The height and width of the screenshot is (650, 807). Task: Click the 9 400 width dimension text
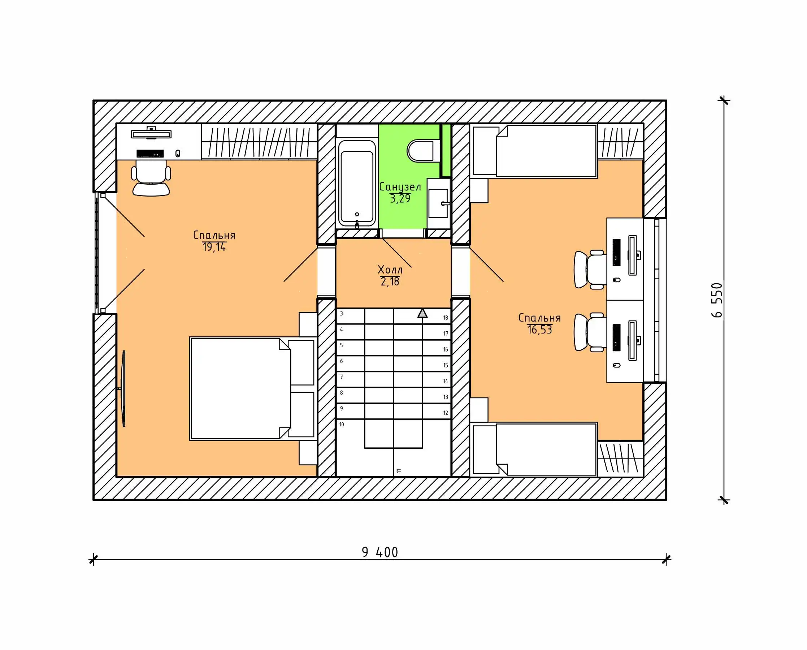(x=379, y=552)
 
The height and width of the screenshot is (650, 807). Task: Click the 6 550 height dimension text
(x=716, y=300)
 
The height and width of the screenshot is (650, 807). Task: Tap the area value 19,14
(x=214, y=247)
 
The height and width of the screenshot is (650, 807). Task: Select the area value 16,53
(x=539, y=330)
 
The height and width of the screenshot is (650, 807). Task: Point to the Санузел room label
(x=400, y=187)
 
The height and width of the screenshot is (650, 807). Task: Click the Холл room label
(x=390, y=270)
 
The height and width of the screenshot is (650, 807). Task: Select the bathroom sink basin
(x=438, y=203)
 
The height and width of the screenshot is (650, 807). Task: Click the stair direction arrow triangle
(x=422, y=313)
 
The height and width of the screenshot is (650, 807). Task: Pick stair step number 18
(x=446, y=318)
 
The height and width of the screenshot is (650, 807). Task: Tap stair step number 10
(x=341, y=425)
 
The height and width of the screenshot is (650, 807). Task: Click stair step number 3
(x=341, y=314)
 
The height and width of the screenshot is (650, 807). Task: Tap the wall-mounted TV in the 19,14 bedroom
(x=123, y=388)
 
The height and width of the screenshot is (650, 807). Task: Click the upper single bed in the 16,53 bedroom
(x=534, y=151)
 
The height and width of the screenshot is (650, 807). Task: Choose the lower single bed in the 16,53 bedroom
(x=534, y=449)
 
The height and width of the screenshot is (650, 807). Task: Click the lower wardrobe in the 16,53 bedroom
(x=620, y=458)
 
